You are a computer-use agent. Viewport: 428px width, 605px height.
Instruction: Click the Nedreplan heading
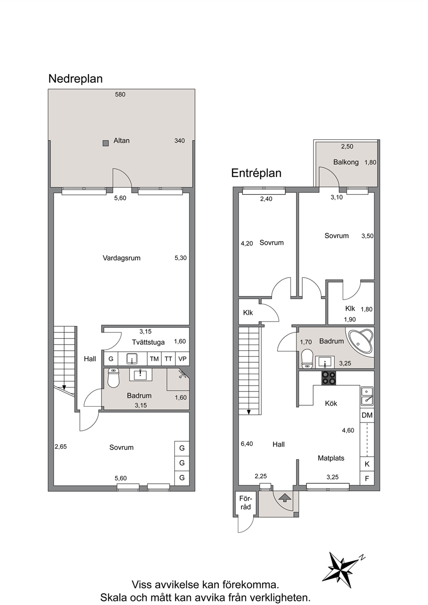(76, 79)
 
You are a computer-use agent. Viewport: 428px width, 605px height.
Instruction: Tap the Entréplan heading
(256, 173)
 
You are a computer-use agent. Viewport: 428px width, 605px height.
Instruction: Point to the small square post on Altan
(106, 143)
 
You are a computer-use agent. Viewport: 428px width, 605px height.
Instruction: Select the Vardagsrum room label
(122, 258)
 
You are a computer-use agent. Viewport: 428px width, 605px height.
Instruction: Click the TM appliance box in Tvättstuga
(154, 359)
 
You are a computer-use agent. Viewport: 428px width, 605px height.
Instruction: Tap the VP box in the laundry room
(183, 359)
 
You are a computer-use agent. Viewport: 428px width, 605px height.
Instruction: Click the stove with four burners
(329, 378)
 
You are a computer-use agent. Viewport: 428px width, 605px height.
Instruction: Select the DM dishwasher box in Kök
(367, 415)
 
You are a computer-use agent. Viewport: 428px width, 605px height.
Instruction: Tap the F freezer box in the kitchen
(367, 479)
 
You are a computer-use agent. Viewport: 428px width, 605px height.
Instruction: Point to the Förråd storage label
(245, 503)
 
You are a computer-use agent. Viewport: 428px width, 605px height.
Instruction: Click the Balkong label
(346, 162)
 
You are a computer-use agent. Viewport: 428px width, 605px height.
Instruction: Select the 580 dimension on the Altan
(120, 94)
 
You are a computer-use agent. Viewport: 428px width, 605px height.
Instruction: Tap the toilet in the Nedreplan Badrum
(113, 378)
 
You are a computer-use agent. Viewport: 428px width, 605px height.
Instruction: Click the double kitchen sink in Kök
(367, 396)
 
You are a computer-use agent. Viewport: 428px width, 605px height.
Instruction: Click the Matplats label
(331, 458)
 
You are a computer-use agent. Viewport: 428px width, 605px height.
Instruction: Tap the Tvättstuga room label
(148, 342)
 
